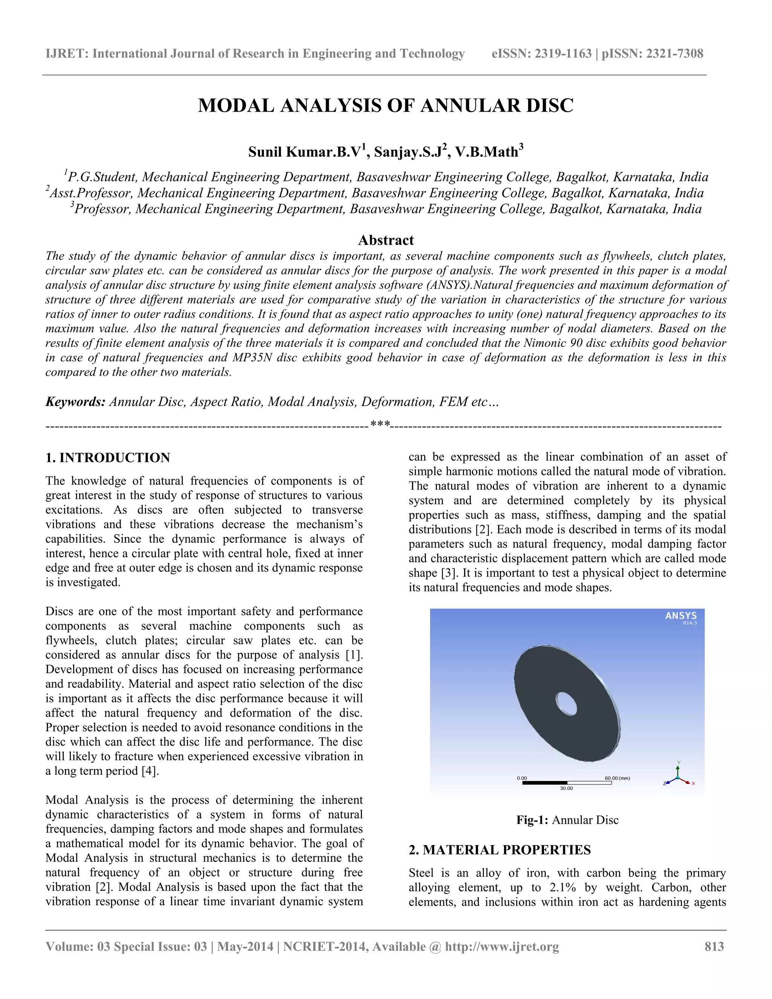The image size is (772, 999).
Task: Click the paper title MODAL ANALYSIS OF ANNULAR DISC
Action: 386,106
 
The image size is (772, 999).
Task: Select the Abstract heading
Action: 386,240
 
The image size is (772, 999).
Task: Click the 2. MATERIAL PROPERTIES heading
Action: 499,849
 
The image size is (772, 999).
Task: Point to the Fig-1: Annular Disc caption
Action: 567,819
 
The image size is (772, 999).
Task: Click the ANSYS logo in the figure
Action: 680,616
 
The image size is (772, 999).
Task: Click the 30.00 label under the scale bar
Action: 566,788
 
